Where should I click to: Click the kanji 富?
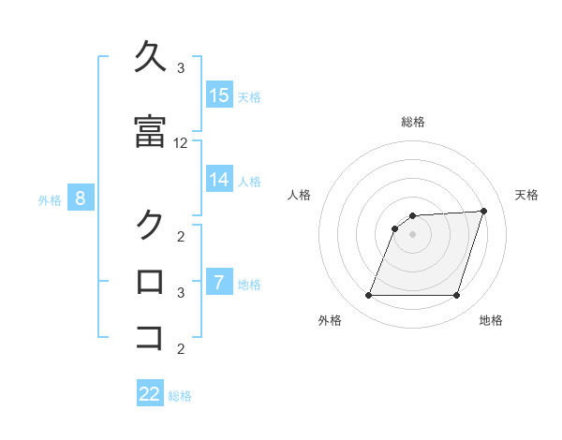coord(151,132)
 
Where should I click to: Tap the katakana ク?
coord(151,225)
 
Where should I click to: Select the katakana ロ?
coord(151,281)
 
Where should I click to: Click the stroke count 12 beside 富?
coord(181,143)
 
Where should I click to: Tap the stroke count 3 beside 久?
coord(181,68)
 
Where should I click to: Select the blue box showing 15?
coord(219,95)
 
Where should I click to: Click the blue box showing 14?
coord(219,180)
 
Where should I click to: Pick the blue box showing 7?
coord(219,283)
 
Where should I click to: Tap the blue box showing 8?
coord(81,198)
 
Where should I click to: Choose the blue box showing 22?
coord(150,394)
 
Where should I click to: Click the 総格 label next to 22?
coord(180,396)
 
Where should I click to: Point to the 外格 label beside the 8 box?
coord(50,199)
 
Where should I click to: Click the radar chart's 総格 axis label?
coord(413,122)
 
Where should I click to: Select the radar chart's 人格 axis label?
coord(299,195)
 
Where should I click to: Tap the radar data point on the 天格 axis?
coord(484,211)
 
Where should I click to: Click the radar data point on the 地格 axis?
coord(456,296)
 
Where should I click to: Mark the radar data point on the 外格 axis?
coord(368,296)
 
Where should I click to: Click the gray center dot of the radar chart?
coord(413,234)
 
